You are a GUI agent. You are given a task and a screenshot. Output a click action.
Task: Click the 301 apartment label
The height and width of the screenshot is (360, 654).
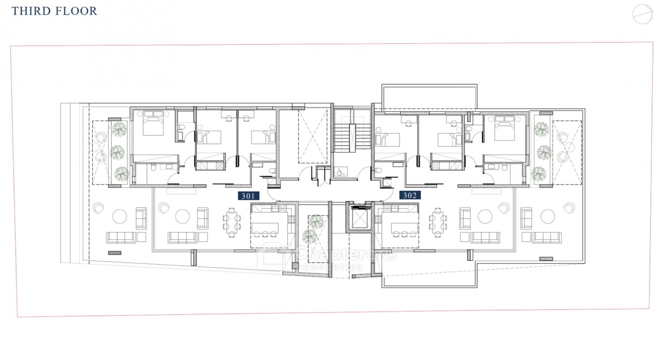[249, 195]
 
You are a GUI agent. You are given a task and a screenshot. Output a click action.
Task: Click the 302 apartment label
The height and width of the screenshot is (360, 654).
[409, 195]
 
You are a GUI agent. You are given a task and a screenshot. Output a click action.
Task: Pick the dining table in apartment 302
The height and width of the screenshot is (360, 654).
[438, 222]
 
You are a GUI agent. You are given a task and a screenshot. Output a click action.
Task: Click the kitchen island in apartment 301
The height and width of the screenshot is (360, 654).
[265, 227]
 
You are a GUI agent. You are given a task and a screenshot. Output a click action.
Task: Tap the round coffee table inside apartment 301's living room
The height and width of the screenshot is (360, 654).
[183, 217]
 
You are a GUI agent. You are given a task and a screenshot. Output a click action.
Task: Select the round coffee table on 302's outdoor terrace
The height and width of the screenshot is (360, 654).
[547, 217]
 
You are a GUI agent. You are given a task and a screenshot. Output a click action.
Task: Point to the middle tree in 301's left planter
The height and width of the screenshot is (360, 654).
[118, 151]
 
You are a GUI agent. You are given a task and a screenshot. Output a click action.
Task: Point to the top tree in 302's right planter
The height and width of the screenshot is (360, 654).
[541, 129]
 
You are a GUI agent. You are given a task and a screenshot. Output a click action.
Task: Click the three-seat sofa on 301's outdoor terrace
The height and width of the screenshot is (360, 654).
[121, 237]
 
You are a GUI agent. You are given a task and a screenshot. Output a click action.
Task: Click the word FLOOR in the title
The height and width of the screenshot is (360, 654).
[77, 11]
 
